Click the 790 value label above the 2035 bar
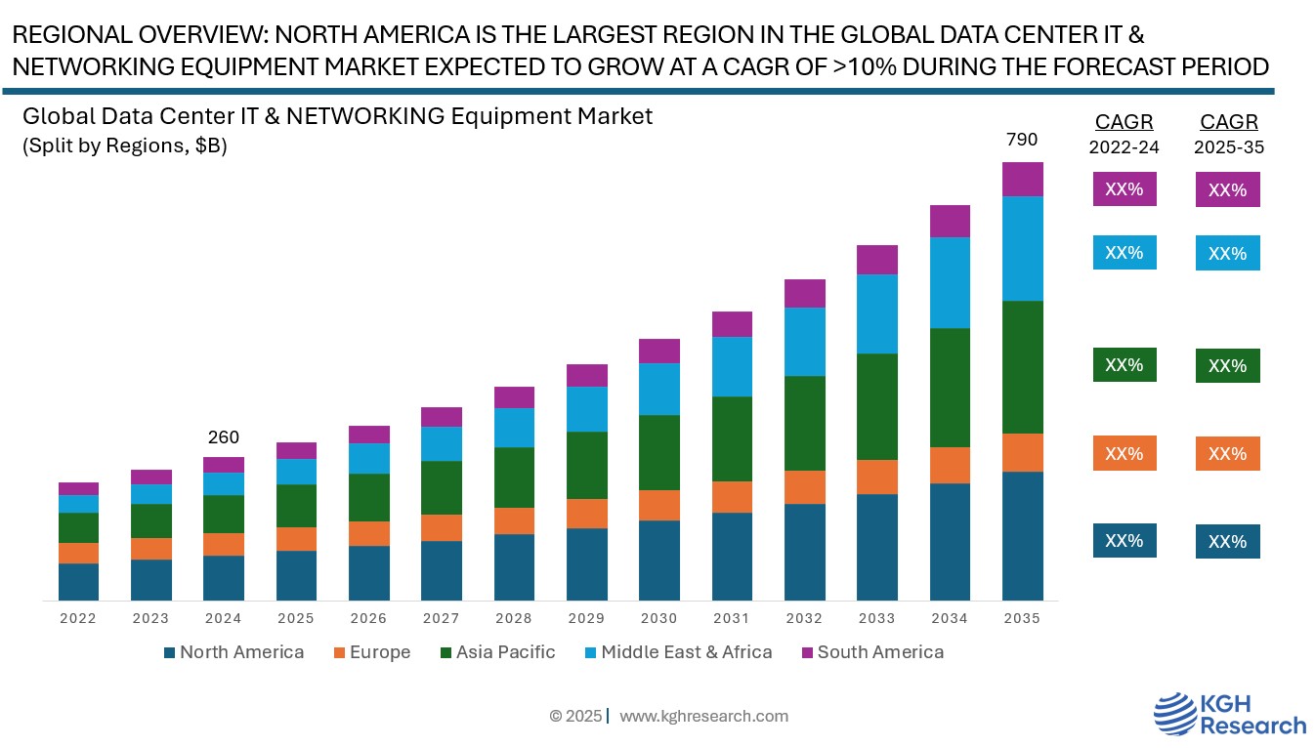(1022, 140)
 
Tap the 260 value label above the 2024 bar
(223, 437)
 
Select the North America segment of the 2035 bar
(1022, 535)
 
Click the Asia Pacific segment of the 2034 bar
(950, 388)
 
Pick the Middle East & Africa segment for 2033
(877, 313)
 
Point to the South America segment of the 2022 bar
(78, 488)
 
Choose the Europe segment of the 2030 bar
(659, 505)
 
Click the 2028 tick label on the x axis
(514, 618)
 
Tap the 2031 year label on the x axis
(732, 618)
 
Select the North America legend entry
(233, 652)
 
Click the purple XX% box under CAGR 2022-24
(1124, 189)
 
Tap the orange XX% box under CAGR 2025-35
(1228, 454)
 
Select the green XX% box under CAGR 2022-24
(1124, 365)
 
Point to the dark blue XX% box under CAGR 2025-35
(1228, 542)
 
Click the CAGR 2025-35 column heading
(1229, 134)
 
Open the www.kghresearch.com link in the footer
(703, 716)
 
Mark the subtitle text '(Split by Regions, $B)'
(124, 146)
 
